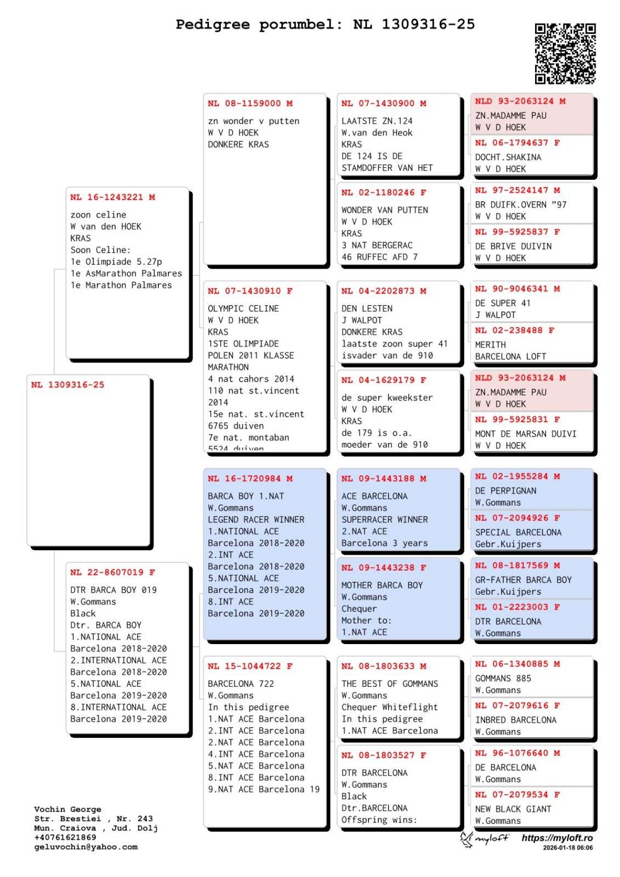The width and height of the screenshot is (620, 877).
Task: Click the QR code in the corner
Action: (x=565, y=53)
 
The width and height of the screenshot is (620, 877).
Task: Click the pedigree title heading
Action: (x=325, y=25)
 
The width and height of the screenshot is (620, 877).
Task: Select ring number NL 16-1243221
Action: (x=112, y=197)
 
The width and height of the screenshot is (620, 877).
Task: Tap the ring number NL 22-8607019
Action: (x=112, y=572)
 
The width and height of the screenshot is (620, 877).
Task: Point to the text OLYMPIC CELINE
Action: (x=243, y=309)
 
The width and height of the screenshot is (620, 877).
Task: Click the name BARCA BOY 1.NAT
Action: (x=246, y=496)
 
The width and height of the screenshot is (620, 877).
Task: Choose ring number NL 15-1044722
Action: (x=250, y=666)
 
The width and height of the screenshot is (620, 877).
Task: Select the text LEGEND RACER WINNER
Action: (x=256, y=520)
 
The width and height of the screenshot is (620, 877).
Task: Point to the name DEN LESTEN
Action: (x=367, y=309)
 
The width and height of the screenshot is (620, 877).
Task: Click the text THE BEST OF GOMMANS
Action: (x=390, y=684)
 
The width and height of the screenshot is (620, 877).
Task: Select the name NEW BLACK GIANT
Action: (x=513, y=809)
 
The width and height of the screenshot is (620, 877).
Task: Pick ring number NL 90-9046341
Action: (x=517, y=289)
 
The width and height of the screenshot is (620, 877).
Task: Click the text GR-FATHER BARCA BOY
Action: (x=523, y=580)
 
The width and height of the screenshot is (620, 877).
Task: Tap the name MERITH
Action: (x=491, y=345)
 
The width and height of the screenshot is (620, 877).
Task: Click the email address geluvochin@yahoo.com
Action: (x=86, y=847)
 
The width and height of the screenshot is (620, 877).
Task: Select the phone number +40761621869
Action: (x=65, y=838)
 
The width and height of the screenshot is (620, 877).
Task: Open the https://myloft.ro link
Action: (x=557, y=838)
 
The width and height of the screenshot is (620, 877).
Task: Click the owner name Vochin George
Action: (x=67, y=810)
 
